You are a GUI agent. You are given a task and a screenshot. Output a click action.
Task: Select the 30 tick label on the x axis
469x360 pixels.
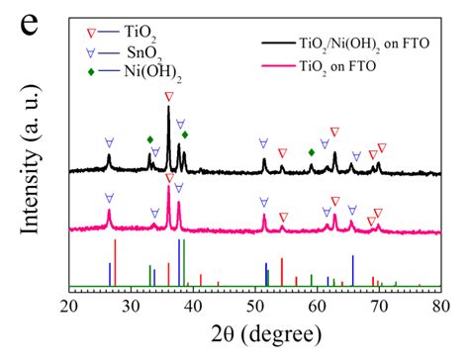coord(132,305)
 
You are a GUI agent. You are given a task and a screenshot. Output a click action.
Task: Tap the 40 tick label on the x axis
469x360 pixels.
coord(194,305)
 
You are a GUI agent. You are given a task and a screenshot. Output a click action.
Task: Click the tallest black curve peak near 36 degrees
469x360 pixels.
coord(168,109)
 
